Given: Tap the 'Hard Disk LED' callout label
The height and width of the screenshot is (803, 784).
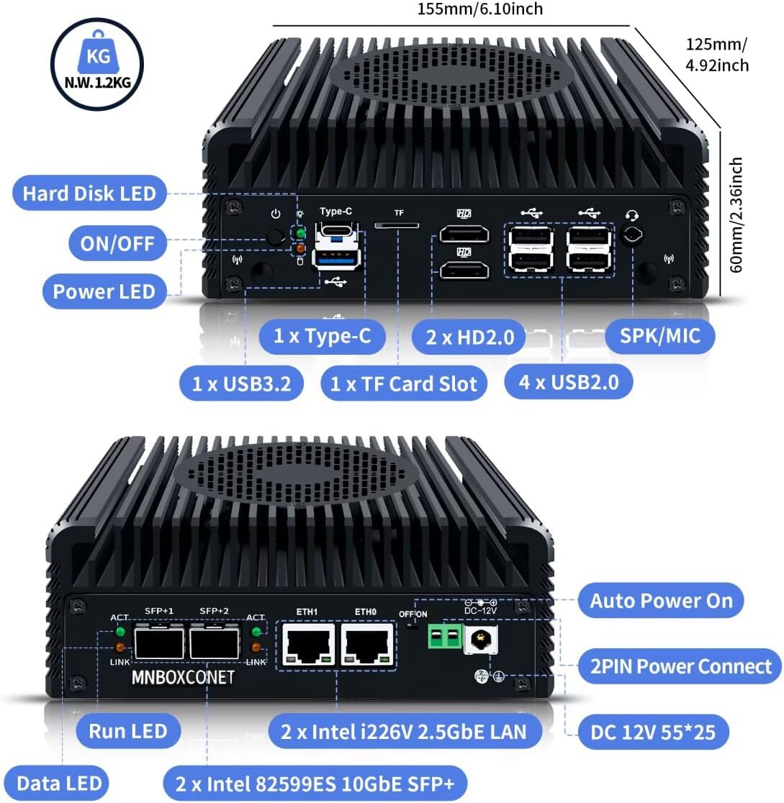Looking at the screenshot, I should (x=89, y=193).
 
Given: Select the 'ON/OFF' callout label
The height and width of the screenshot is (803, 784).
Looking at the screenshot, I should (x=117, y=243).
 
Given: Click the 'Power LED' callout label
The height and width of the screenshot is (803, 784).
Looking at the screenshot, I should (x=104, y=291).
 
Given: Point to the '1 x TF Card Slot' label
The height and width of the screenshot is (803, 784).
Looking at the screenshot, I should (x=403, y=384).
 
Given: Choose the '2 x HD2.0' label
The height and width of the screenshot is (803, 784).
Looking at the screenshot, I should (x=470, y=337).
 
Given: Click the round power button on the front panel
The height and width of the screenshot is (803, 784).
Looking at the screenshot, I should (x=275, y=236).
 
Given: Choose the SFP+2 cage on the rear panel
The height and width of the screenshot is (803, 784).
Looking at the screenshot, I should (x=214, y=641).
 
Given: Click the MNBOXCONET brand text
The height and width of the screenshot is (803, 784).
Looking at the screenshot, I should (x=184, y=678).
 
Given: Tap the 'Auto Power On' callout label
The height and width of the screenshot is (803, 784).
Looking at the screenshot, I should (x=661, y=601).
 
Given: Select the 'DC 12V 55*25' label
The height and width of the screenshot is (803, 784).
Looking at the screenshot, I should (x=652, y=732).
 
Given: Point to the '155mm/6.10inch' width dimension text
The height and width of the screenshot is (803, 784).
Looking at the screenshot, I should (x=479, y=9).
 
